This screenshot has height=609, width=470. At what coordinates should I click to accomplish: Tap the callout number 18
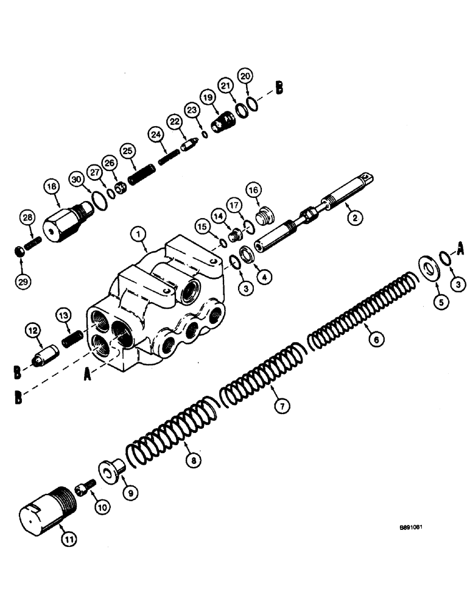pos(52,187)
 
